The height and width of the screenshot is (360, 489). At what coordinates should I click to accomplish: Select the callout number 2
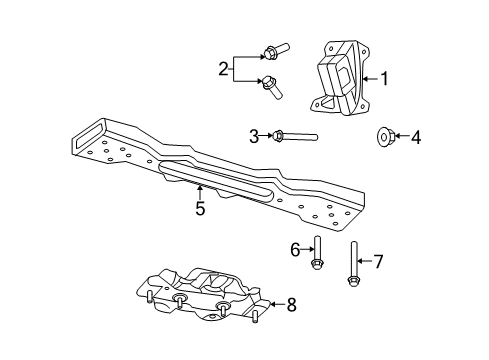(223, 70)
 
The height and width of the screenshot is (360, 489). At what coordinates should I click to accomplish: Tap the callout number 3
(254, 136)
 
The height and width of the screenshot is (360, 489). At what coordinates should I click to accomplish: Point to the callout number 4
(416, 136)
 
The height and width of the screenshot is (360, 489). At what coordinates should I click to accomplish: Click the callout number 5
(200, 209)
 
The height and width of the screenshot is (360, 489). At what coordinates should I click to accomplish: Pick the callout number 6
(296, 249)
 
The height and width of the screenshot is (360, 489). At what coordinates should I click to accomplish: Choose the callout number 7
(378, 262)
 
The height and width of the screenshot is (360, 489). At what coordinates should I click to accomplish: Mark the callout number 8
(291, 305)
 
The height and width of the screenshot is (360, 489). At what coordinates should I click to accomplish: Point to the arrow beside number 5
(200, 191)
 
